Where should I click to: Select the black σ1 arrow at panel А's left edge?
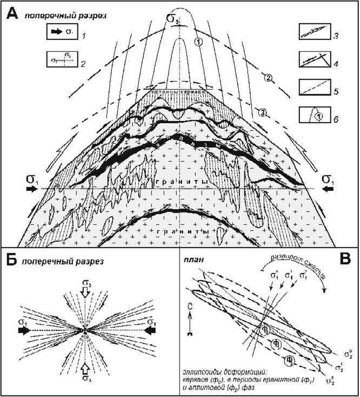click(31, 188)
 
